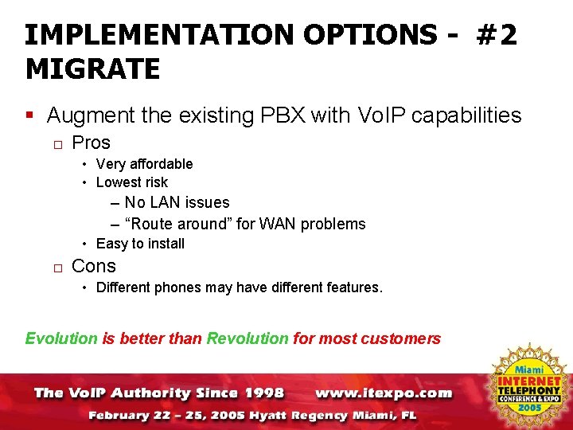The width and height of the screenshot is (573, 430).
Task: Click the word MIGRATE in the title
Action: (x=93, y=68)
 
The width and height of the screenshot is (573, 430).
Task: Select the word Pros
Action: (x=91, y=143)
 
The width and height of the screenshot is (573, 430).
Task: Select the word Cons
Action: (x=94, y=266)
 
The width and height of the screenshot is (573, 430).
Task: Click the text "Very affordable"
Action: (x=144, y=164)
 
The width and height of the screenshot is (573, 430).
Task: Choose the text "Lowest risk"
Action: (x=131, y=182)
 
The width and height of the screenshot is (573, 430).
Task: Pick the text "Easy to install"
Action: (x=140, y=244)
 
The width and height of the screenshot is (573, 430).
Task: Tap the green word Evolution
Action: (x=61, y=338)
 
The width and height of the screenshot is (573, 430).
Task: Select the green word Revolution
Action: (x=248, y=338)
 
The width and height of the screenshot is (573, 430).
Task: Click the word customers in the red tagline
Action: (x=400, y=338)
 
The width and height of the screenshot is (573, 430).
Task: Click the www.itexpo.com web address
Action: (x=384, y=393)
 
